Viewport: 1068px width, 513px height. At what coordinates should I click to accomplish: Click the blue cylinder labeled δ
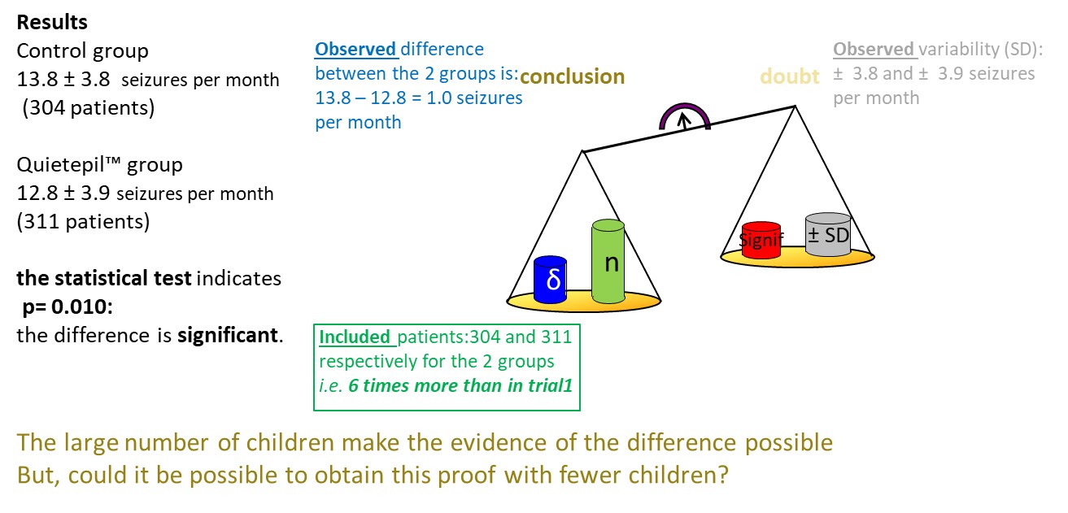pyautogui.click(x=550, y=280)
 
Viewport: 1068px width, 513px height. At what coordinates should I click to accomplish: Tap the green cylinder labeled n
pyautogui.click(x=608, y=261)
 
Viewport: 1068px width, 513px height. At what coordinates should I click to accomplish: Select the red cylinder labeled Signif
pyautogui.click(x=761, y=240)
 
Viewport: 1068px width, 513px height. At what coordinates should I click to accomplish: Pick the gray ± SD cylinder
pyautogui.click(x=828, y=235)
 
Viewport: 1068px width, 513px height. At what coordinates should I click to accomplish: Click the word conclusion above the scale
pyautogui.click(x=572, y=76)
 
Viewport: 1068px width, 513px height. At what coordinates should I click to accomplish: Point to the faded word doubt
pyautogui.click(x=790, y=76)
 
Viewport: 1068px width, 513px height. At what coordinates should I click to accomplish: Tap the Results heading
pyautogui.click(x=52, y=23)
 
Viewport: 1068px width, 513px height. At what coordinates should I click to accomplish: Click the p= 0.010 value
pyautogui.click(x=68, y=306)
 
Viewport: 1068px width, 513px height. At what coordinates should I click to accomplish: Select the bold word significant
pyautogui.click(x=228, y=335)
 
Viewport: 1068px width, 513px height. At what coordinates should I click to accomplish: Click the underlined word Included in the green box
pyautogui.click(x=355, y=337)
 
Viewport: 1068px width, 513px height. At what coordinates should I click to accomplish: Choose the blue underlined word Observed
pyautogui.click(x=355, y=49)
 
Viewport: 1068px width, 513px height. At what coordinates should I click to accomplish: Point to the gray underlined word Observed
pyautogui.click(x=874, y=49)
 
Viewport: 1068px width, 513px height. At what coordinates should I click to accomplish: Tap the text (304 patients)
pyautogui.click(x=88, y=108)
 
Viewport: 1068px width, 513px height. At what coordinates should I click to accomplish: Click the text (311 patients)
pyautogui.click(x=83, y=222)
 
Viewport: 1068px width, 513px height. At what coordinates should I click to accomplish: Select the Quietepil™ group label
pyautogui.click(x=100, y=165)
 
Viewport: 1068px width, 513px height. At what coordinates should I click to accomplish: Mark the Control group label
pyautogui.click(x=82, y=51)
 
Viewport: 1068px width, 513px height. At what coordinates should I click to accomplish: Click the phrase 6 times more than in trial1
pyautogui.click(x=460, y=385)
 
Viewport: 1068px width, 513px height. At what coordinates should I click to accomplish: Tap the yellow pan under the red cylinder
pyautogui.click(x=797, y=258)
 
